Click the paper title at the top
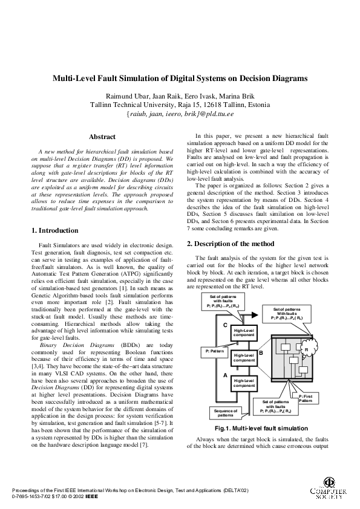180,78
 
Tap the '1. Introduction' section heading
54,230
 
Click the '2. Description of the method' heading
231,244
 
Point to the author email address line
180,114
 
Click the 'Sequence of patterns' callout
224,413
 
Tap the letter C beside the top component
225,325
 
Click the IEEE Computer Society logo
330,489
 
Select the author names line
180,96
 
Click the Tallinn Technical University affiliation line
180,104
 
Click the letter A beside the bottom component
225,375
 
